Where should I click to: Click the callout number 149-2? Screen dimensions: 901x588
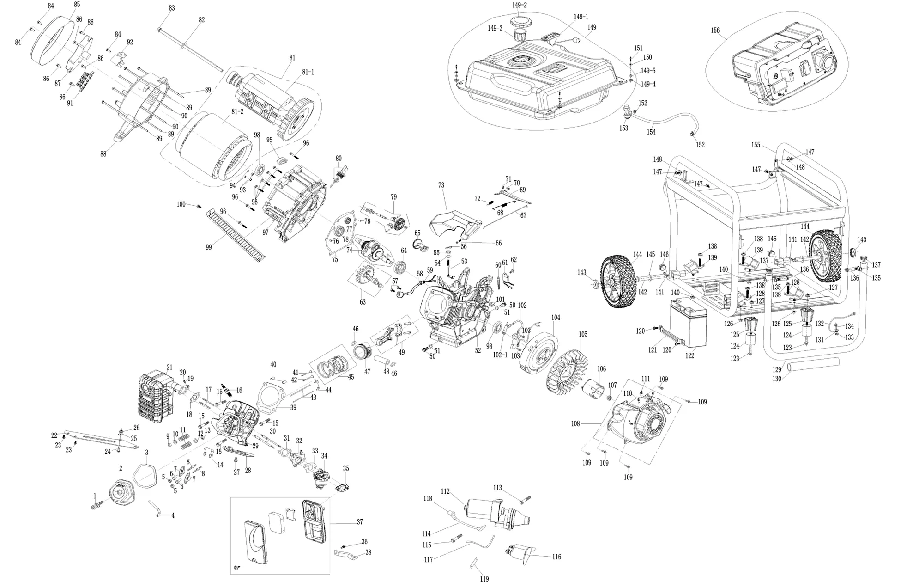click(519, 5)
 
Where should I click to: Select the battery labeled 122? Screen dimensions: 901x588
click(689, 323)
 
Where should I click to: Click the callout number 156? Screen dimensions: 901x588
click(715, 31)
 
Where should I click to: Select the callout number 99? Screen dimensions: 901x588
click(209, 247)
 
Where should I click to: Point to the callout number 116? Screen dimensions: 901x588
click(556, 557)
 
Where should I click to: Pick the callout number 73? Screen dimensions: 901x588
click(441, 185)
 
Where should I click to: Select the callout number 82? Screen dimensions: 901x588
click(201, 20)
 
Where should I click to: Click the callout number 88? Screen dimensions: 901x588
click(103, 154)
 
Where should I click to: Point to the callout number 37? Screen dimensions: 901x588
click(360, 522)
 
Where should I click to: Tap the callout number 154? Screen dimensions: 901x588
click(651, 132)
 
